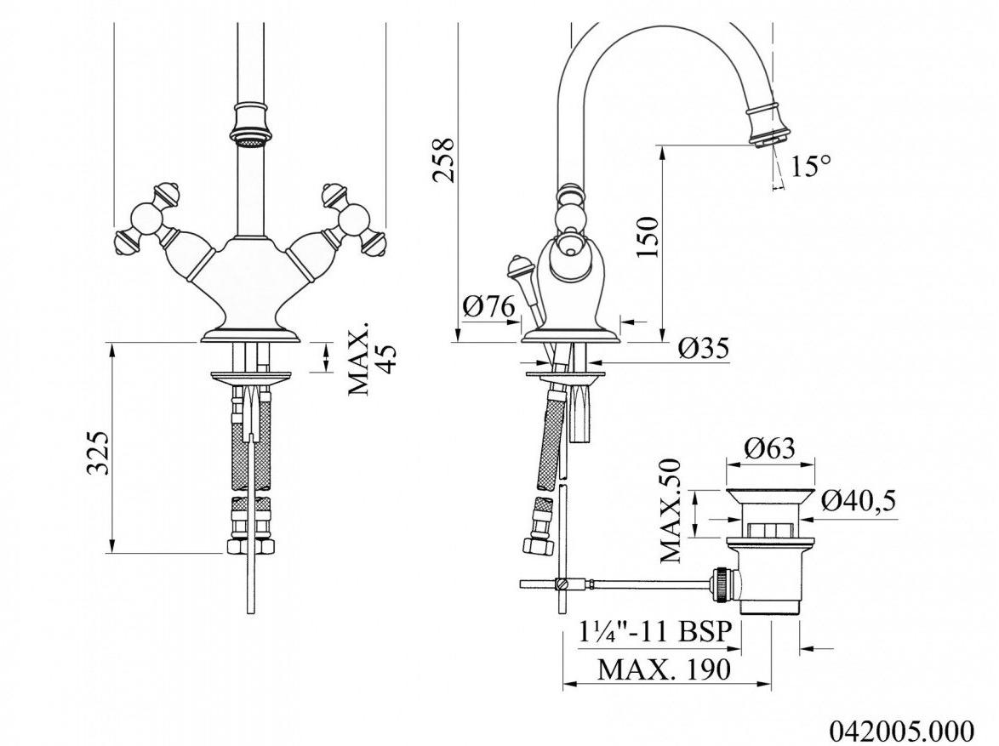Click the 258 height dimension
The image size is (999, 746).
pos(443,161)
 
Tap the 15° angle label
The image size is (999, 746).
pos(811,167)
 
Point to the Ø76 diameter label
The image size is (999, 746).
pos(488,308)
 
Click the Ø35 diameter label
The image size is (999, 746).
pos(704,348)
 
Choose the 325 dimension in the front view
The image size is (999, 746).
pos(99,453)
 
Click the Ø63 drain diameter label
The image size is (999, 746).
pos(770,447)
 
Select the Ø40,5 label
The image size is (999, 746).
pos(859,501)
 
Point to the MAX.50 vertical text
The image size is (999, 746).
pos(671,510)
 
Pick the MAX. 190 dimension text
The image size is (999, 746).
pos(665,669)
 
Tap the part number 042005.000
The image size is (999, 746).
pos(901,729)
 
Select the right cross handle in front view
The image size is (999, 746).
pos(354,219)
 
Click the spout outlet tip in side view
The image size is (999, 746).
pos(770,139)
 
